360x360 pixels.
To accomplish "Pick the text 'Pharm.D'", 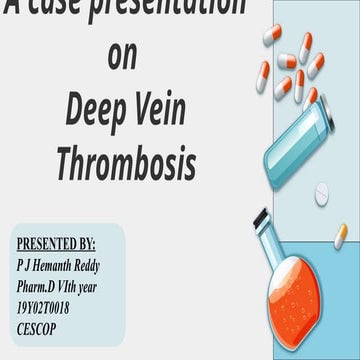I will coord(41,280).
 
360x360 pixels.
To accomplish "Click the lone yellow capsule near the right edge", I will coord(341,235).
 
